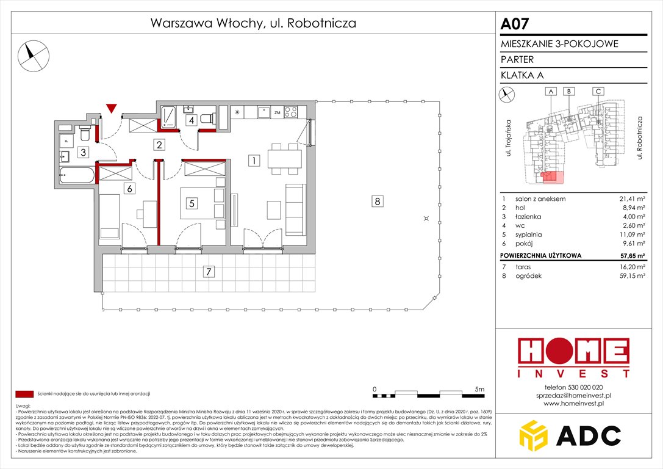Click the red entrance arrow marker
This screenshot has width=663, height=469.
[110, 109]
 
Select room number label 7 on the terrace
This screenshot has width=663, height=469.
[208, 271]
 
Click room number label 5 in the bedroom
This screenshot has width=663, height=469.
[192, 204]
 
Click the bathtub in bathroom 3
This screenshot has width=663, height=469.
[77, 175]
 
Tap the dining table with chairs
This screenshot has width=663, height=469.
[285, 159]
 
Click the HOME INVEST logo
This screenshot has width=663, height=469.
[573, 358]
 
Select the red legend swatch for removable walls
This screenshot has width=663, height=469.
[24, 393]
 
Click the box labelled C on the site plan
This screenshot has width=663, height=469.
[598, 92]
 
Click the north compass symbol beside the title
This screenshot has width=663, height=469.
[32, 54]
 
